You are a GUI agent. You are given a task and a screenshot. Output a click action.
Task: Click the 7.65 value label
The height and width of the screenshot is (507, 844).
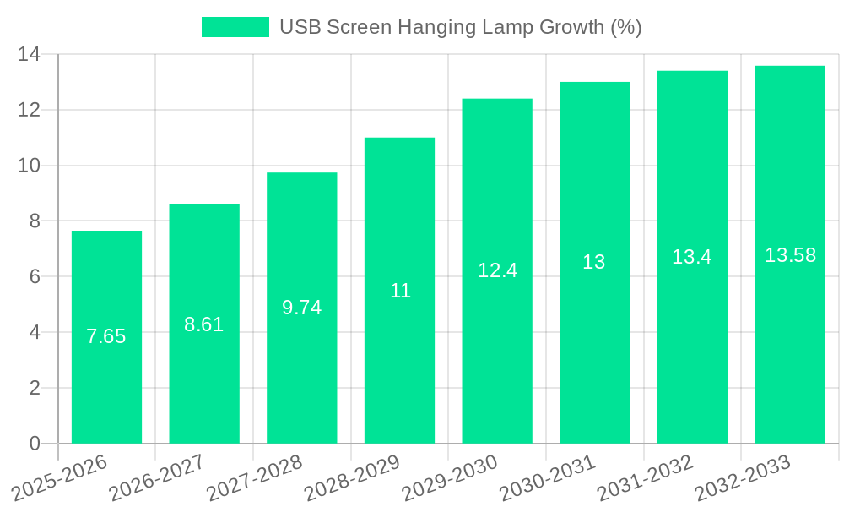coord(106,336)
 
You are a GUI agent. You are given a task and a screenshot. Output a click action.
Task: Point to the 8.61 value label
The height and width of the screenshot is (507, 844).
coord(204,324)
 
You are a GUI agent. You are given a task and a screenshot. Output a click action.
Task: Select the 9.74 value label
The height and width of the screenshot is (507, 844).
coord(301,308)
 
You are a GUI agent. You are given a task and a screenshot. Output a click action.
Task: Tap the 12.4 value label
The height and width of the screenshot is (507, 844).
coord(497,270)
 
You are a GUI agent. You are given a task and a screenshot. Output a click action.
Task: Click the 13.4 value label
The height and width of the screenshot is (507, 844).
coord(692,257)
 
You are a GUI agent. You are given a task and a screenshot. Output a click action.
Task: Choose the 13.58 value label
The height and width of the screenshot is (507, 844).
coord(790,255)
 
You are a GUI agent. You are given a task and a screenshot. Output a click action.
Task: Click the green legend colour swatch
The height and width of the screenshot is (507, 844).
coord(235,27)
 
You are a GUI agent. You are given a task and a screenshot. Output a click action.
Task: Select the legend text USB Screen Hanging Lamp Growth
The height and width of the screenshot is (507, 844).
coord(461,27)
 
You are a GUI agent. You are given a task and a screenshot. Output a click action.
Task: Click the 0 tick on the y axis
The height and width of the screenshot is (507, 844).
coord(35,444)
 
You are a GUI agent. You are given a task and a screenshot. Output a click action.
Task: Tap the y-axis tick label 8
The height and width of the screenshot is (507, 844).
coord(35,221)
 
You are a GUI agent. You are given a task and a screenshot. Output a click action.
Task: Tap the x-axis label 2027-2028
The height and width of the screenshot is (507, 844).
coord(252,477)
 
